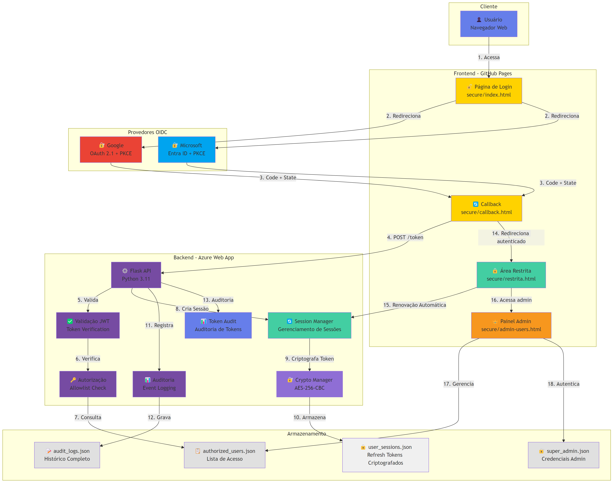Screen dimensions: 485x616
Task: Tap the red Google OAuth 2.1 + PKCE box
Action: point(111,149)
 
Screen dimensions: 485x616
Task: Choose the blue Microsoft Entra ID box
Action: point(187,149)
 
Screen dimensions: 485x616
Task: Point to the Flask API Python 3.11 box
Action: point(136,275)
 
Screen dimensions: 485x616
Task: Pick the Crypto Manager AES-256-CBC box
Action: point(309,384)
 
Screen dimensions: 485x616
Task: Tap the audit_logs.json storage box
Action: point(67,455)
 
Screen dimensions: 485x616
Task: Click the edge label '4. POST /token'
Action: point(405,237)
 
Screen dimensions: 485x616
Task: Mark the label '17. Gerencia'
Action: point(458,384)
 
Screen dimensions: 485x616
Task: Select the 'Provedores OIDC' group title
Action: point(147,132)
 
